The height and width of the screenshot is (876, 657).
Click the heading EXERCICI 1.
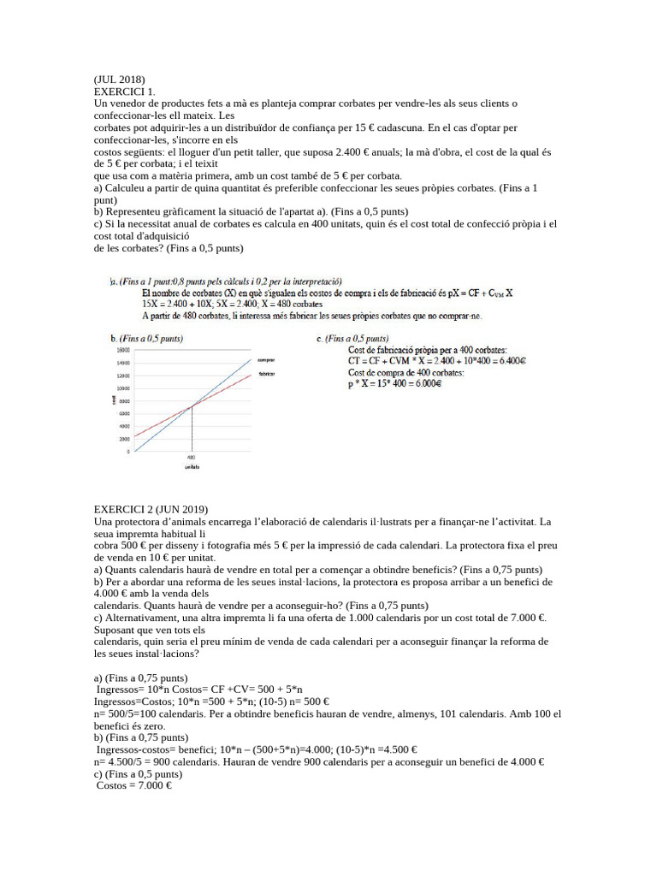tap(125, 91)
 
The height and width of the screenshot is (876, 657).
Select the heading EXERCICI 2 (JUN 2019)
tap(151, 509)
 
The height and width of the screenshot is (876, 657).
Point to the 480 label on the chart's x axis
tap(191, 458)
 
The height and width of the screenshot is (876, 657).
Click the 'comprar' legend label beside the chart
tap(265, 360)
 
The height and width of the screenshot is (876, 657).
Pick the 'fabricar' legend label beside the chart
tap(265, 375)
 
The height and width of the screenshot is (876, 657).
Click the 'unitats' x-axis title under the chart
tap(191, 468)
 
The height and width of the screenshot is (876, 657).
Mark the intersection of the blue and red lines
tap(192, 405)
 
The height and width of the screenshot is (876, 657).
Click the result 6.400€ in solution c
tap(511, 361)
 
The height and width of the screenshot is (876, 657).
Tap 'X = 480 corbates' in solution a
tap(293, 304)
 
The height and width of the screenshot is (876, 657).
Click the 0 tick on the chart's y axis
tap(127, 451)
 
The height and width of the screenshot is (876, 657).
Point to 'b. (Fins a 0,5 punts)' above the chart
tap(146, 339)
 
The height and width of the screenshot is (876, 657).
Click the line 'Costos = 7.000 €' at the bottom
tap(134, 784)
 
